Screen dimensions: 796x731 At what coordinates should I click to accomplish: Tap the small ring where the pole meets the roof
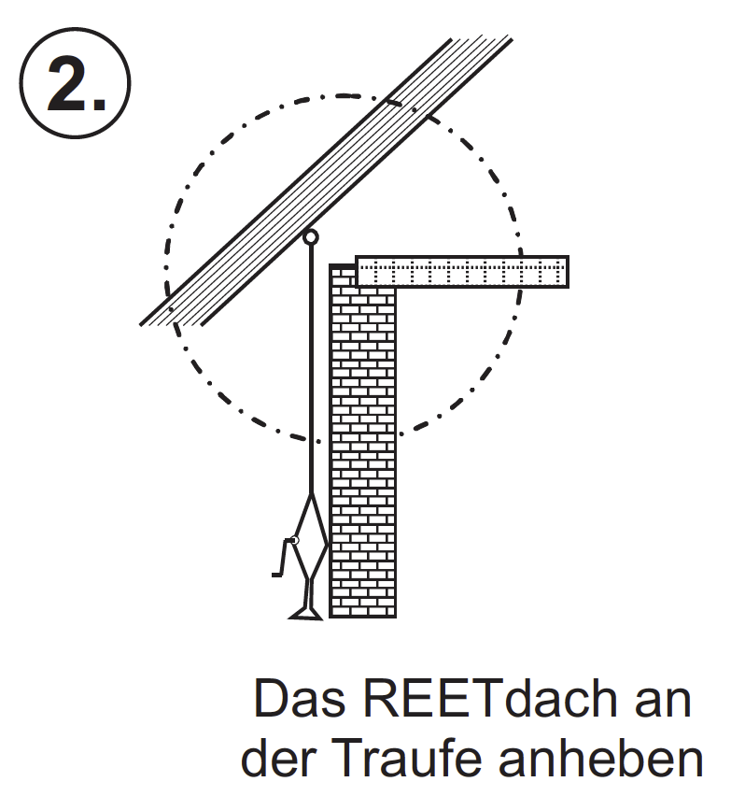(x=311, y=237)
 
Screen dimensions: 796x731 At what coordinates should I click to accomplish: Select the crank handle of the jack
(x=281, y=558)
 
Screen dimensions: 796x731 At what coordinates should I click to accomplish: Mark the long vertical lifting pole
(x=311, y=374)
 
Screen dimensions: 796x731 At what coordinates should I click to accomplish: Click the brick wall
(x=363, y=448)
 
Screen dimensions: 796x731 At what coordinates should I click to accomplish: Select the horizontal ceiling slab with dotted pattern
(x=462, y=271)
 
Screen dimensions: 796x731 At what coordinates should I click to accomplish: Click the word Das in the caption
(x=297, y=701)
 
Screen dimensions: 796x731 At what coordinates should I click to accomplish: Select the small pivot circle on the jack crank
(x=295, y=540)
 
